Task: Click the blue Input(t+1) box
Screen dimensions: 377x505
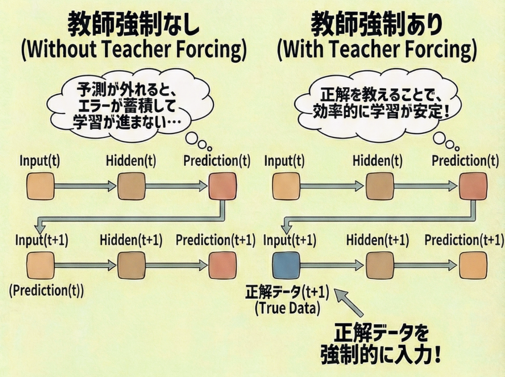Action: tap(286, 265)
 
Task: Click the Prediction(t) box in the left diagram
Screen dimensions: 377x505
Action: tap(222, 187)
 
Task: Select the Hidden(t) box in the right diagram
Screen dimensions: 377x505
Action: tap(379, 187)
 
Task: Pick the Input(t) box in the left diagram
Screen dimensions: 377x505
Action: tap(39, 187)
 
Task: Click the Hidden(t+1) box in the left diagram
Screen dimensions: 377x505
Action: tap(131, 265)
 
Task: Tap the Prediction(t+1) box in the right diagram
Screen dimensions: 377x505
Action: tap(472, 265)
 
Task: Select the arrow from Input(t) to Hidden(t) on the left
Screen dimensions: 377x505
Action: tap(85, 187)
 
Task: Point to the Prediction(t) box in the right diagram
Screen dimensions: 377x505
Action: tap(472, 187)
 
